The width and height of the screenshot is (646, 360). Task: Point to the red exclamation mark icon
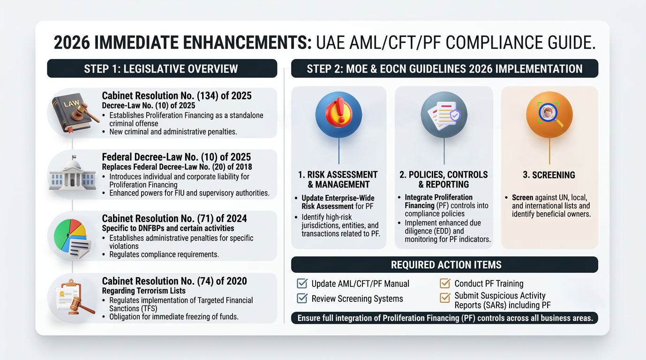(x=339, y=112)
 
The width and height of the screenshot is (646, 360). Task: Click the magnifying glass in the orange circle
(x=550, y=114)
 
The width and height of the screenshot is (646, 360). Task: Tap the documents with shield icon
(x=444, y=115)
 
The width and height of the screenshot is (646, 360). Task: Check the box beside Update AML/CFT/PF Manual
(x=302, y=283)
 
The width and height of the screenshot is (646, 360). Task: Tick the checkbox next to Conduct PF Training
(x=445, y=283)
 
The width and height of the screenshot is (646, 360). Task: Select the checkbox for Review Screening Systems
(x=302, y=298)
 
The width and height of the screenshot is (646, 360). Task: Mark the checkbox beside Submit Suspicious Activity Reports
(x=445, y=298)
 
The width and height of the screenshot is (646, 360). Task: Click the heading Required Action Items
(x=446, y=265)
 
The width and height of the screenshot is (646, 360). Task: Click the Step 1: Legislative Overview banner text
(x=161, y=69)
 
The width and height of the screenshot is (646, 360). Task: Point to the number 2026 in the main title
(x=72, y=43)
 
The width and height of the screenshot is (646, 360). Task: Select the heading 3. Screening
(x=549, y=175)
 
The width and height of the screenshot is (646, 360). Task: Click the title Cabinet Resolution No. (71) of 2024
(x=174, y=218)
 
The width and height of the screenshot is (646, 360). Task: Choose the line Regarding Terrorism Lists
(x=143, y=291)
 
